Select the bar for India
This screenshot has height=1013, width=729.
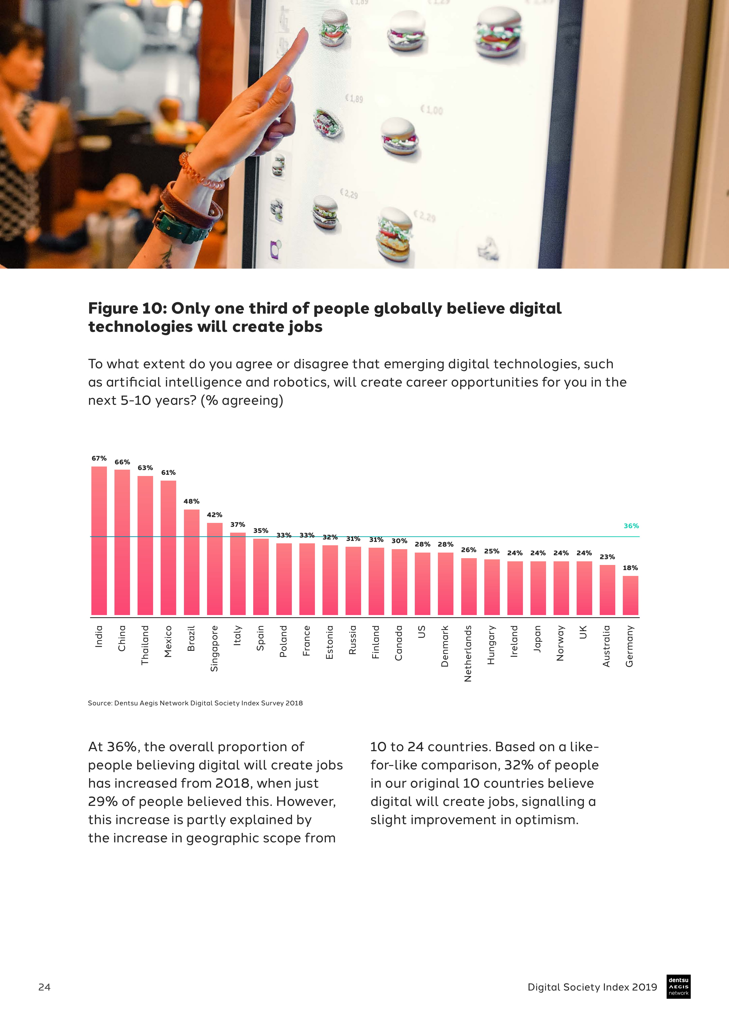(x=99, y=540)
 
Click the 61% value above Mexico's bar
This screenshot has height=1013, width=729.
(x=168, y=473)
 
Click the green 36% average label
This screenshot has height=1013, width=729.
(x=631, y=526)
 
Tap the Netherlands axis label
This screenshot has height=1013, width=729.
(x=468, y=653)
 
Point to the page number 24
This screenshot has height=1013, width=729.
(x=44, y=987)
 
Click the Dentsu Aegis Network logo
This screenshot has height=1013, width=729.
(x=678, y=986)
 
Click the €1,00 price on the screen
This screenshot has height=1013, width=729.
(x=431, y=110)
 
